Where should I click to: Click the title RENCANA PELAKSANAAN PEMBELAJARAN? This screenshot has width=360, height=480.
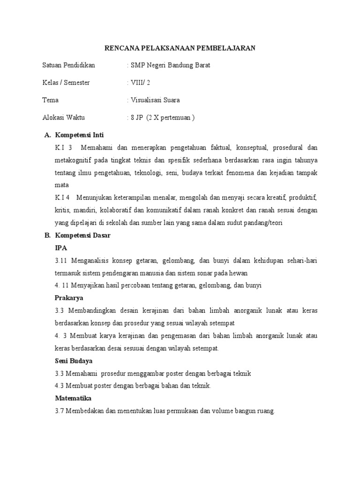click(180, 48)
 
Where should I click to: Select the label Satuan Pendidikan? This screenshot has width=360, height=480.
click(68, 65)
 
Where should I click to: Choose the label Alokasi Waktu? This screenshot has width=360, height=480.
click(64, 117)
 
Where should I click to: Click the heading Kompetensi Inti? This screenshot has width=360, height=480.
click(82, 135)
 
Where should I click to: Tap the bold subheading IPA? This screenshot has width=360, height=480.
click(61, 248)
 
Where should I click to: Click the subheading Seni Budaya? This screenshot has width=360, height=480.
click(74, 361)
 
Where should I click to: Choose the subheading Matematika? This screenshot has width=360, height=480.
click(73, 398)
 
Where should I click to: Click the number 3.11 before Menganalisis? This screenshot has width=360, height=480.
click(61, 260)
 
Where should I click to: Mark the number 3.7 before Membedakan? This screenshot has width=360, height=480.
click(60, 411)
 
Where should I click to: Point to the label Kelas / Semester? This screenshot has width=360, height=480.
click(66, 82)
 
